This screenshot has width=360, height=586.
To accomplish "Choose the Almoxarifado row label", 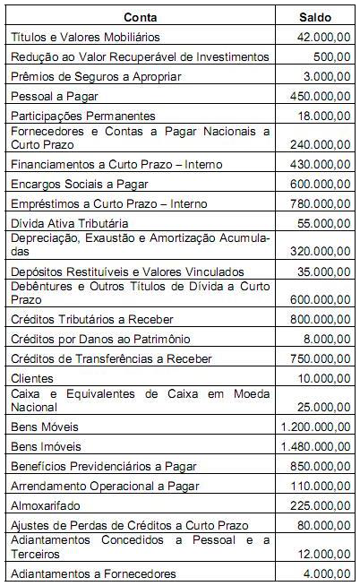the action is [47, 504].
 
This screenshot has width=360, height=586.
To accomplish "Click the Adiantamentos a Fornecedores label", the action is [94, 573].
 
